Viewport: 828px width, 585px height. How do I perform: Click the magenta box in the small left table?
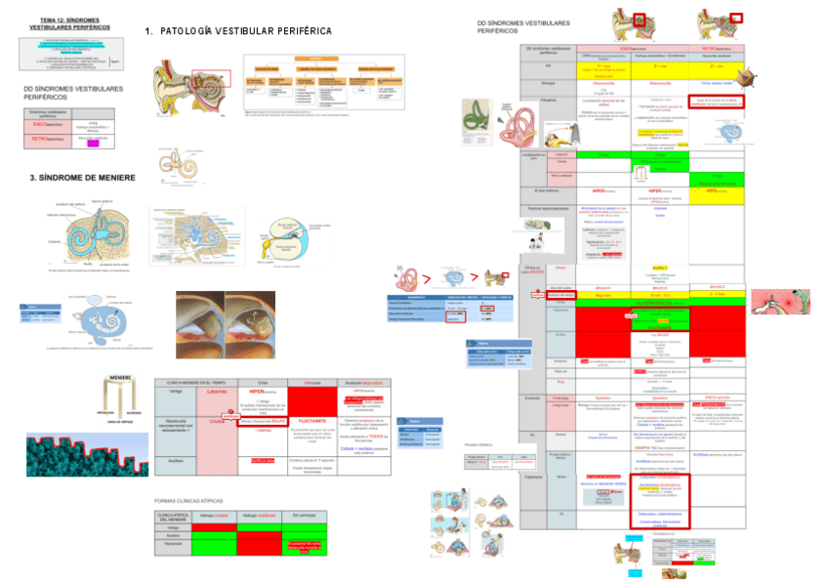coord(94,144)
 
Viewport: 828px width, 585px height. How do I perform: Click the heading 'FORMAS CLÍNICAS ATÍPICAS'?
coord(195,500)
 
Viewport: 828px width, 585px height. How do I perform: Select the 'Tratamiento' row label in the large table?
coord(534,476)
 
